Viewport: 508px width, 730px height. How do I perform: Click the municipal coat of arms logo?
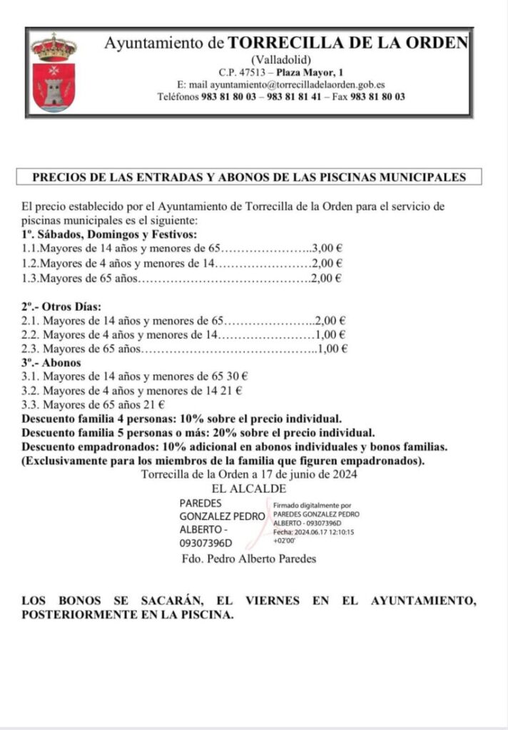click(54, 71)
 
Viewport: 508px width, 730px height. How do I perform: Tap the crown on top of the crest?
click(54, 47)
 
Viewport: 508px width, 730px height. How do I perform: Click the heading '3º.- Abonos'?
click(51, 363)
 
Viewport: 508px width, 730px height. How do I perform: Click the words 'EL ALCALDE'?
click(249, 489)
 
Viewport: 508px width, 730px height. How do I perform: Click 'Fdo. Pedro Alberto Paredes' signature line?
click(249, 559)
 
